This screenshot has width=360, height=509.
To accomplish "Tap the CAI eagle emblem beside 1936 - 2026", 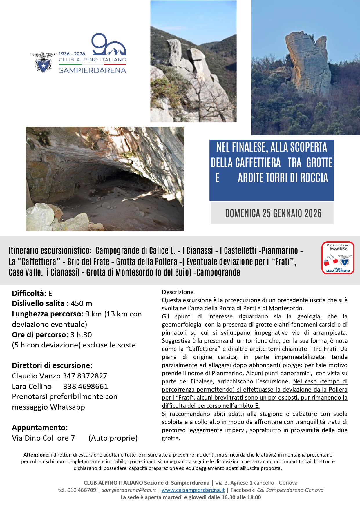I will tap(43, 62).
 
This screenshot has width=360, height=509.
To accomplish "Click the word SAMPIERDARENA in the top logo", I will tap(93, 70).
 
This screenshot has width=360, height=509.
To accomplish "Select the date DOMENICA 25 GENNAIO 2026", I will tap(273, 213).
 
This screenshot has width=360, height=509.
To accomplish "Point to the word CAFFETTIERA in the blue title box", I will tap(246, 163).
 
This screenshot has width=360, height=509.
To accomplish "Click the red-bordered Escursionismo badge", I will tap(338, 258).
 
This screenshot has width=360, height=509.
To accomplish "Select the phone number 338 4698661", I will tap(86, 386).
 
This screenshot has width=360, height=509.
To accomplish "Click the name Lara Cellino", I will tap(32, 386).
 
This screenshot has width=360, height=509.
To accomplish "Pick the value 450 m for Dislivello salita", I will tap(81, 304).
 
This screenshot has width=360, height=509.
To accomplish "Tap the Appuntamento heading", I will tap(40, 428).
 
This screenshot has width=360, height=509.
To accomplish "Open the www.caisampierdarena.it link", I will tap(193, 490).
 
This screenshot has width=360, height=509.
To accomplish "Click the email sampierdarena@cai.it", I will tap(129, 490).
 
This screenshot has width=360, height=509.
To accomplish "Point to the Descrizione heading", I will tap(178, 292).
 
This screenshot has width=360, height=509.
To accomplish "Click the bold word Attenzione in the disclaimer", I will tap(36, 455).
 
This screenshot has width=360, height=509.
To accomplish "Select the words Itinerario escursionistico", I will tap(50, 251).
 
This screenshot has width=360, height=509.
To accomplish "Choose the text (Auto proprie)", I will tap(113, 438).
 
